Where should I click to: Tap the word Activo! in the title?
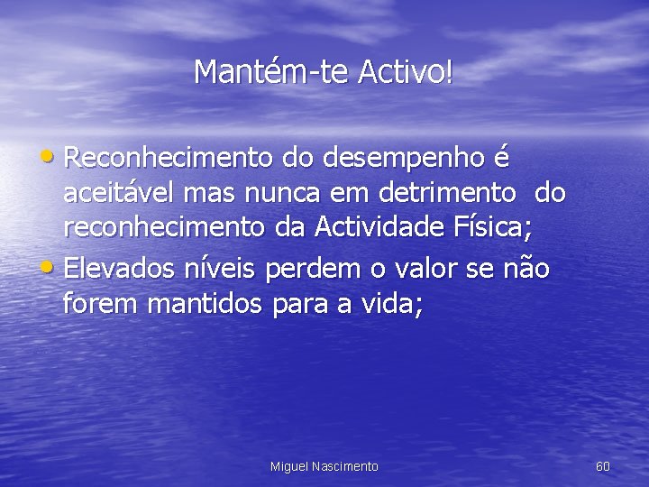[x=405, y=71]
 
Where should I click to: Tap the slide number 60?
[x=603, y=466]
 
